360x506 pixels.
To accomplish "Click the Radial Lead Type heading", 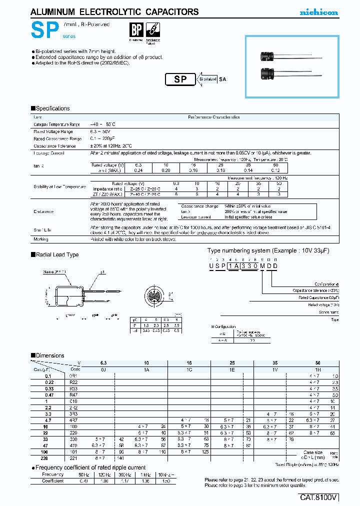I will click(x=56, y=254).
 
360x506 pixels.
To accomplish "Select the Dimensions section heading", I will click(x=49, y=355).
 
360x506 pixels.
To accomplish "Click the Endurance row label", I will click(x=43, y=211).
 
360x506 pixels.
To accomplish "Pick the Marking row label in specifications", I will click(x=41, y=239).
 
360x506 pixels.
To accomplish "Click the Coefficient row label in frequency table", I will click(x=53, y=480).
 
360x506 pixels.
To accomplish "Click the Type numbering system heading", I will click(x=267, y=250).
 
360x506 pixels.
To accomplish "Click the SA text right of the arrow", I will click(x=223, y=79).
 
